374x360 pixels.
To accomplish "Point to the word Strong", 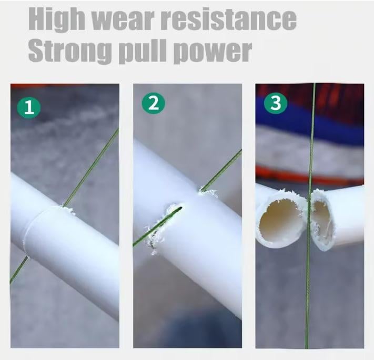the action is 70,51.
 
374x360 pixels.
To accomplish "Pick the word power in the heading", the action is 213,53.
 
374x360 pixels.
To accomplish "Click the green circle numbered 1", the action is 29,107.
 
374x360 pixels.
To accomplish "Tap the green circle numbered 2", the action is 153,103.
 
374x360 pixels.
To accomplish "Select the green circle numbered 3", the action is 276,103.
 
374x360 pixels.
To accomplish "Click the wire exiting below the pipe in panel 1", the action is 18,270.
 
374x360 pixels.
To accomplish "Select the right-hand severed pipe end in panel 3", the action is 322,220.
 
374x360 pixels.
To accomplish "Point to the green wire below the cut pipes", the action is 308,298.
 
